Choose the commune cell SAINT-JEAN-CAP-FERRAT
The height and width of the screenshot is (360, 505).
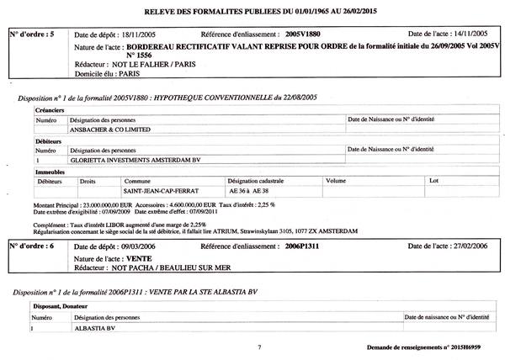click(157, 190)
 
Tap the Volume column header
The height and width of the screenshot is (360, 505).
click(335, 181)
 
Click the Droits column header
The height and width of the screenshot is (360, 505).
click(88, 181)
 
